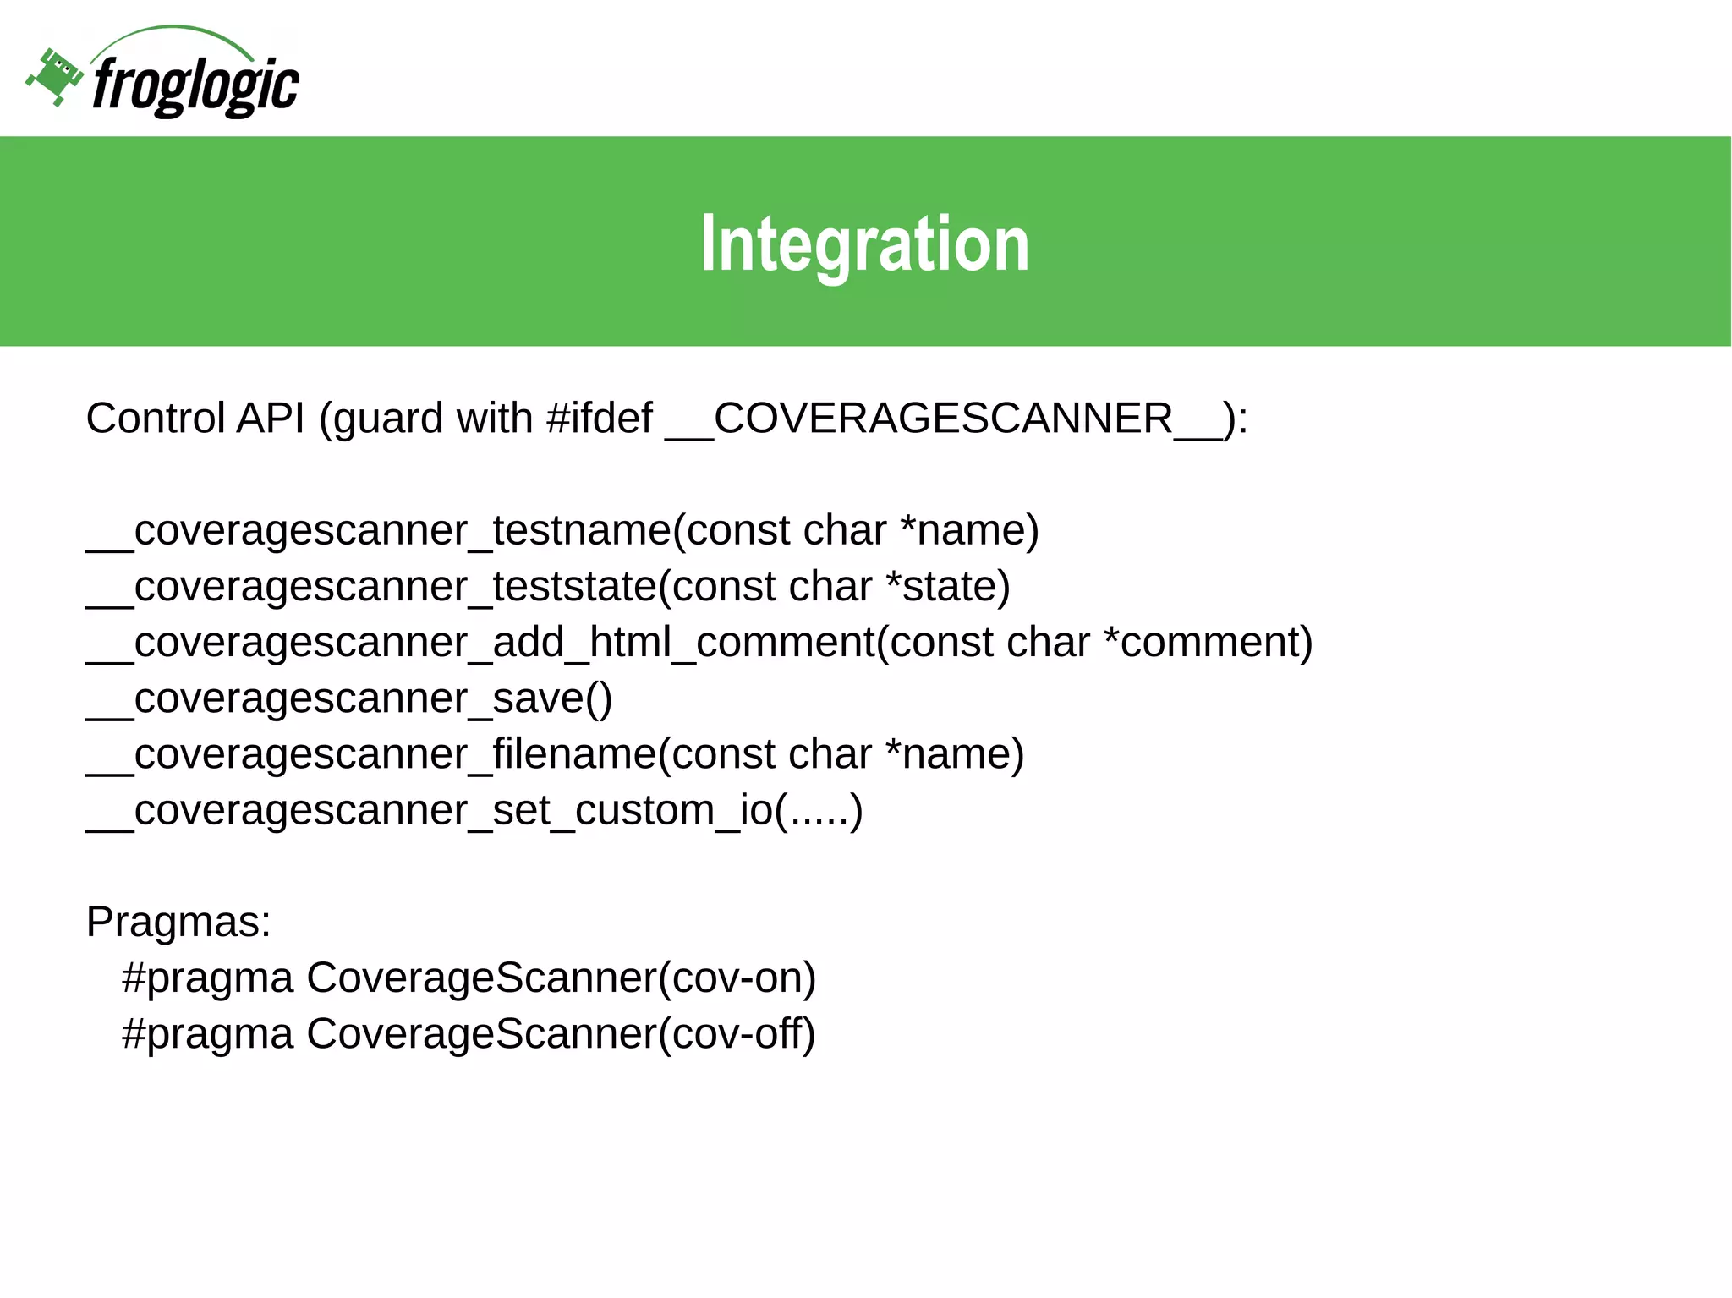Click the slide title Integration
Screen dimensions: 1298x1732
864,244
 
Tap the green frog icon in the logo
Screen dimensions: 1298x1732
55,77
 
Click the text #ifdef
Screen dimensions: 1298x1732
600,419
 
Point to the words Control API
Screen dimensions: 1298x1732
195,419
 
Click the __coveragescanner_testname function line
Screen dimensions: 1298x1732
562,531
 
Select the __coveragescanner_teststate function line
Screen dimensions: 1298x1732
548,587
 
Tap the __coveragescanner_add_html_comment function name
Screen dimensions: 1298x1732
480,643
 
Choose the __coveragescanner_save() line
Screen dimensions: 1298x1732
348,698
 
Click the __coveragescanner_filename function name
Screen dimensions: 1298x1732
372,754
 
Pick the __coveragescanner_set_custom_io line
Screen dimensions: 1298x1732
474,810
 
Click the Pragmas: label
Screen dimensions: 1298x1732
178,922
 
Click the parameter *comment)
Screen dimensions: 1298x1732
1209,643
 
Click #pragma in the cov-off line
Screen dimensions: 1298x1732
208,1034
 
